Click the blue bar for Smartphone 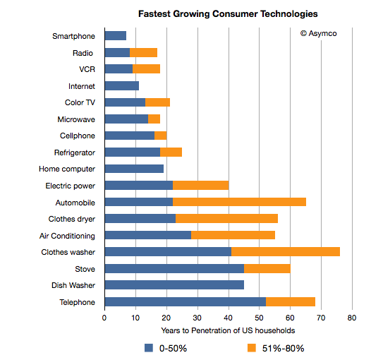click(x=116, y=36)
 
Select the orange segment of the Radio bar click(x=143, y=52)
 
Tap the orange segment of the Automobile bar click(x=239, y=202)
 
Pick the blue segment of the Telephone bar click(x=185, y=301)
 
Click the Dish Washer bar click(x=174, y=285)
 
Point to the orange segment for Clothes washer click(x=286, y=251)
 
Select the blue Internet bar click(x=122, y=85)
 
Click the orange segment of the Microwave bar click(x=154, y=119)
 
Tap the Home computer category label click(x=67, y=169)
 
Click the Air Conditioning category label click(x=67, y=236)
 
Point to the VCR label click(x=87, y=69)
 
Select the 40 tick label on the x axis click(x=229, y=318)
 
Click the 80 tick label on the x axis click(x=352, y=318)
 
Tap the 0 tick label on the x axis click(x=104, y=318)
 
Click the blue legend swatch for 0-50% click(x=149, y=348)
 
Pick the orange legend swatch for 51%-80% click(x=252, y=348)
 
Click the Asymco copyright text click(x=319, y=33)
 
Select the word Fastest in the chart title click(x=154, y=13)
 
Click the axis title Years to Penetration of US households click(x=228, y=330)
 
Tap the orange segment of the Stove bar click(x=267, y=268)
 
